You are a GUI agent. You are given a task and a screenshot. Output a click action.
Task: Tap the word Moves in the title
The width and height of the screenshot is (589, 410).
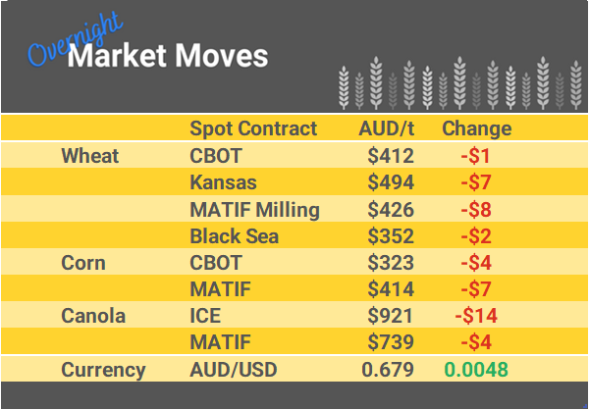(222, 56)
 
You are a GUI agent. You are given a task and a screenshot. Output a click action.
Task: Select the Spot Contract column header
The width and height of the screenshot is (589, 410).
(253, 128)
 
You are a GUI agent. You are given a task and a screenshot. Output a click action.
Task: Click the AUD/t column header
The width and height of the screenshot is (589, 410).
(387, 128)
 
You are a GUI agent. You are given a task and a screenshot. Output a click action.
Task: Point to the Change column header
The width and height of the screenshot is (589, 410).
(477, 128)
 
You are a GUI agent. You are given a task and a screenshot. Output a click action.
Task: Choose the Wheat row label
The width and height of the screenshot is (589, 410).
(89, 156)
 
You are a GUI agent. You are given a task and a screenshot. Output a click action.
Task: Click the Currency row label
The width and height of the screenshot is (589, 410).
(103, 370)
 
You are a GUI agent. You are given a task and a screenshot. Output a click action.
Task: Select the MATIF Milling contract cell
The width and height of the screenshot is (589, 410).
(254, 209)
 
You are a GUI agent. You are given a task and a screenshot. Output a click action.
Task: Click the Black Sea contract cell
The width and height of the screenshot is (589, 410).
(234, 235)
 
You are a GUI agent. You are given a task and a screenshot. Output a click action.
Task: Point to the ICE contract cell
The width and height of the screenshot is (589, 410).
(205, 316)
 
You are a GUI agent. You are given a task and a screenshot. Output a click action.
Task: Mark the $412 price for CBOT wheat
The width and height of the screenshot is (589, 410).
(391, 156)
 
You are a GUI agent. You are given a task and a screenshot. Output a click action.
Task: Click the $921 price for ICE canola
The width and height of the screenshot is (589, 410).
(391, 316)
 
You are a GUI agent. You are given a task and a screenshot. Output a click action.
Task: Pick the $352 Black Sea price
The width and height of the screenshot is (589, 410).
(391, 235)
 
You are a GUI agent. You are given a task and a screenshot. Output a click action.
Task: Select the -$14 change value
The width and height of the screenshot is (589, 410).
(476, 316)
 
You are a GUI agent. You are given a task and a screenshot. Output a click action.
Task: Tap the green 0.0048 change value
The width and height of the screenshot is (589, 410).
(476, 370)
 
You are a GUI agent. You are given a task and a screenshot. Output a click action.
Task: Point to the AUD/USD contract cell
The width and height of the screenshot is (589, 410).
(232, 370)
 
